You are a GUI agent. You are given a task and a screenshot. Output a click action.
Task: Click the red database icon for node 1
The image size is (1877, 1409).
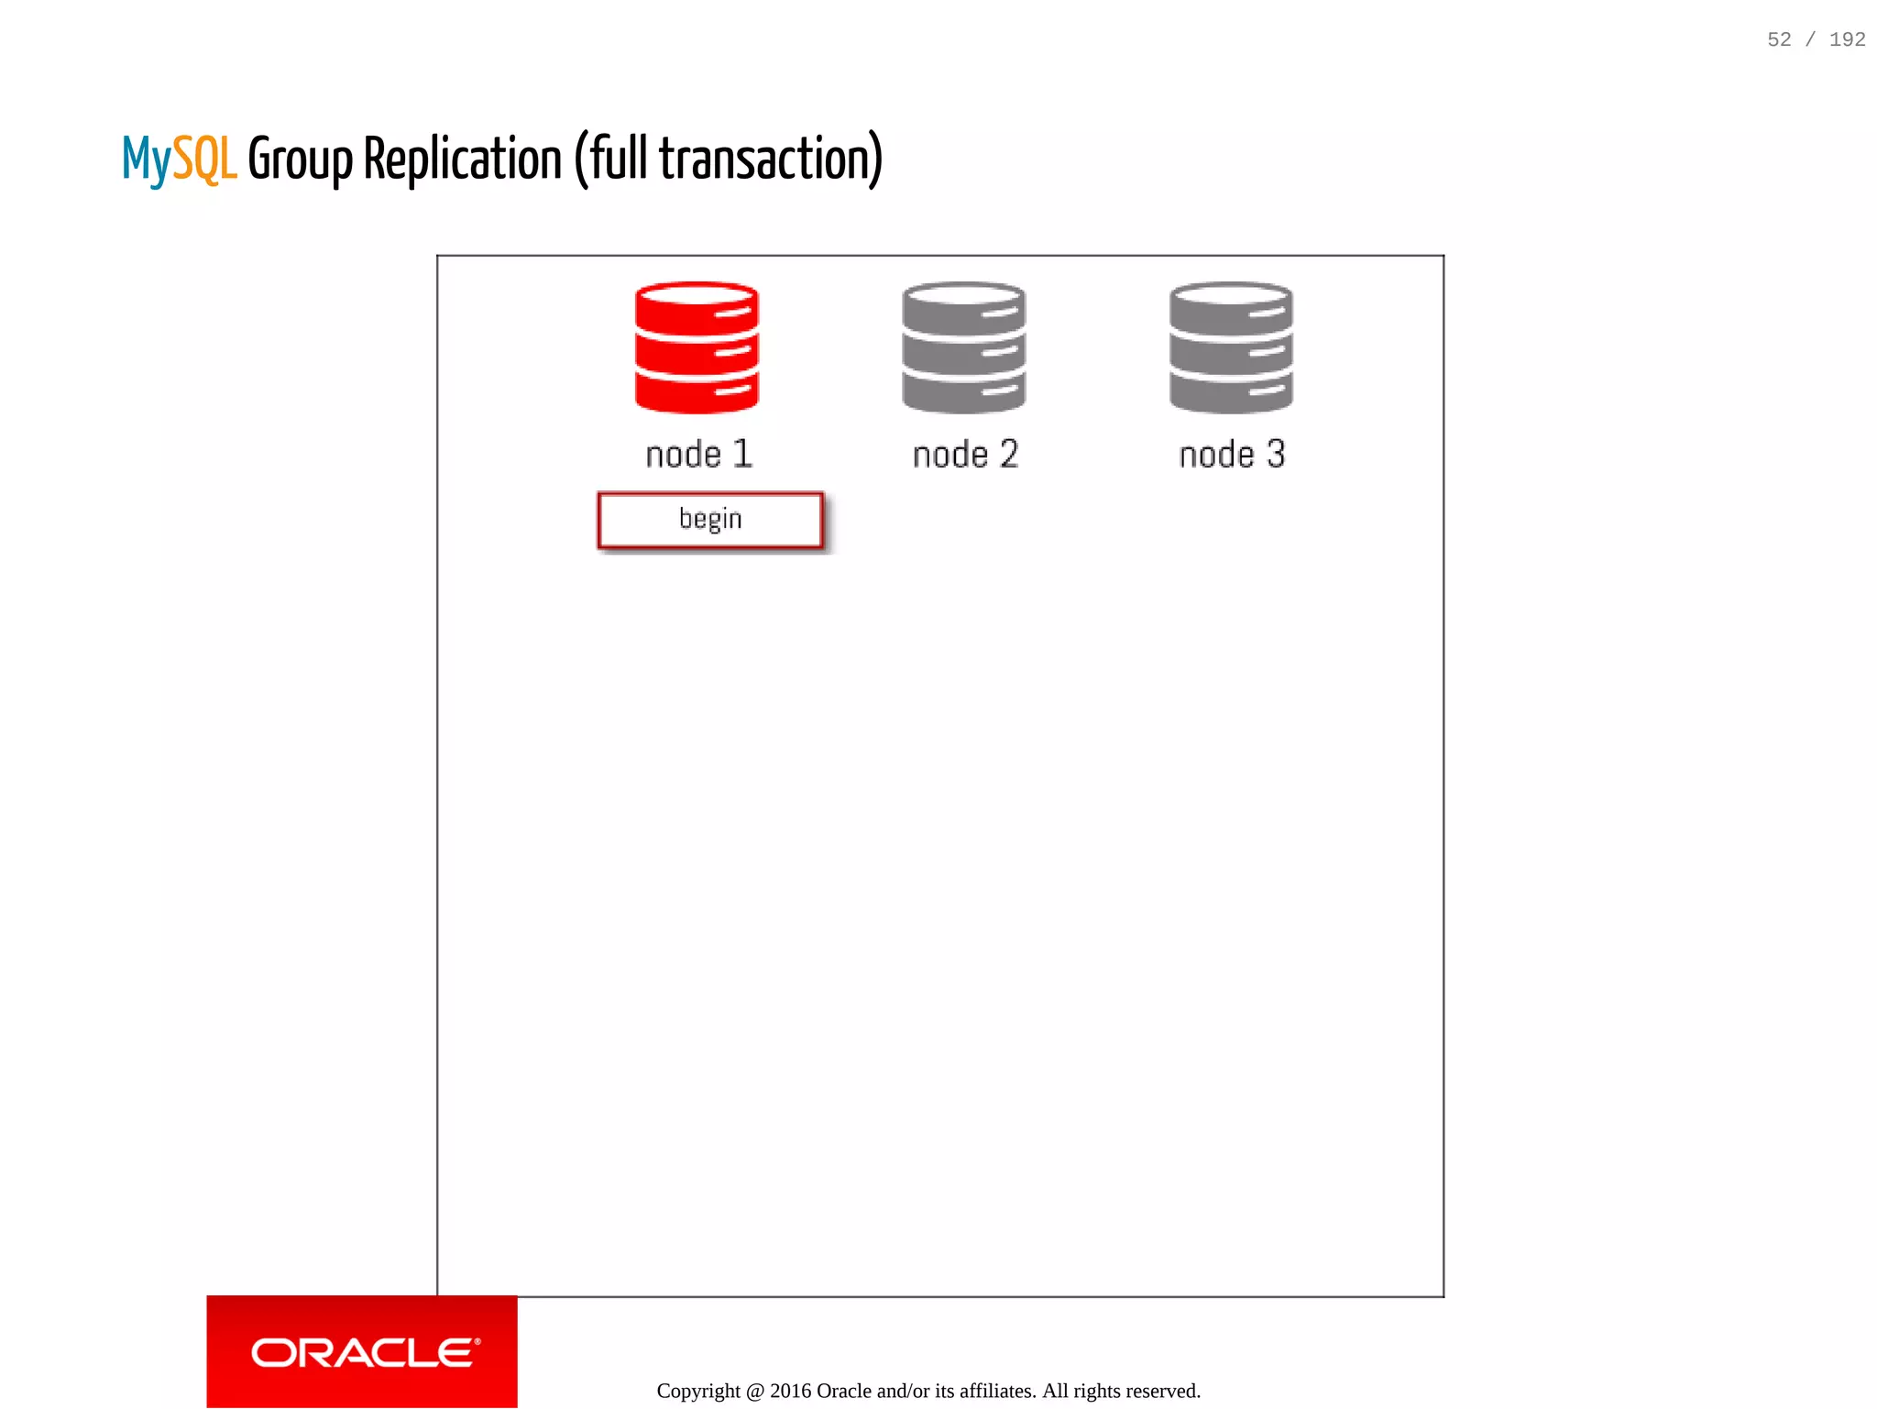[697, 347]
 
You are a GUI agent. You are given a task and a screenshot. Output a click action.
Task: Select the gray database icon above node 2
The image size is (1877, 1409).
[963, 347]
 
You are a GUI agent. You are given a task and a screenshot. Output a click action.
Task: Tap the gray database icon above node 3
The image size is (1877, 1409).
[1231, 347]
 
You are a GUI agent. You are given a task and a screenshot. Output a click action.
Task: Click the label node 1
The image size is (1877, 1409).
[698, 455]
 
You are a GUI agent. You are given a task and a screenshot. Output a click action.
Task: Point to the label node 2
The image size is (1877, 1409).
[965, 455]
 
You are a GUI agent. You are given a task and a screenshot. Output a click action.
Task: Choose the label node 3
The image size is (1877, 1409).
[1232, 455]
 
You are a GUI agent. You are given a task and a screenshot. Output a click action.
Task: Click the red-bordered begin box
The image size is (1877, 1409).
[710, 520]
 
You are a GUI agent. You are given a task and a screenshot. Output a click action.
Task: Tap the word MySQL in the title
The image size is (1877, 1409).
[179, 160]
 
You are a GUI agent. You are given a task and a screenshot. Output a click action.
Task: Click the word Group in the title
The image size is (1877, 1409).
[300, 160]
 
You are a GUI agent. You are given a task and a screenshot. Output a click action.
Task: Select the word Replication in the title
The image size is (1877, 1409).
[462, 160]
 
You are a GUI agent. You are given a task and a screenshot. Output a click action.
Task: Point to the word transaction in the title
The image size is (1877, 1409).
[763, 160]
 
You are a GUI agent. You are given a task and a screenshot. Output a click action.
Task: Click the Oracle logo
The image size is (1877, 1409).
[363, 1352]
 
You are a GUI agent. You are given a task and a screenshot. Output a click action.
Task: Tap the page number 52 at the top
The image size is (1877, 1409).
[1779, 39]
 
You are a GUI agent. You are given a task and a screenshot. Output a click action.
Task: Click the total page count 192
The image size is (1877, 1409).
[1847, 39]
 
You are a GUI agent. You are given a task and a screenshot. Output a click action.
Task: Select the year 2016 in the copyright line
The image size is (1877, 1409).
[790, 1391]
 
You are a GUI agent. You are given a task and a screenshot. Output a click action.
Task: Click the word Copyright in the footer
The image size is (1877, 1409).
[698, 1391]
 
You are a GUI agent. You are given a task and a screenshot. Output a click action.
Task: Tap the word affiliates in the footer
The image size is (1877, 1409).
[997, 1391]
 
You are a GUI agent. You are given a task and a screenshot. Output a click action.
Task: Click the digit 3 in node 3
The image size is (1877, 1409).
[1276, 454]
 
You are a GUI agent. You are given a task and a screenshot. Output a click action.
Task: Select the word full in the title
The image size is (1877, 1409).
[620, 160]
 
